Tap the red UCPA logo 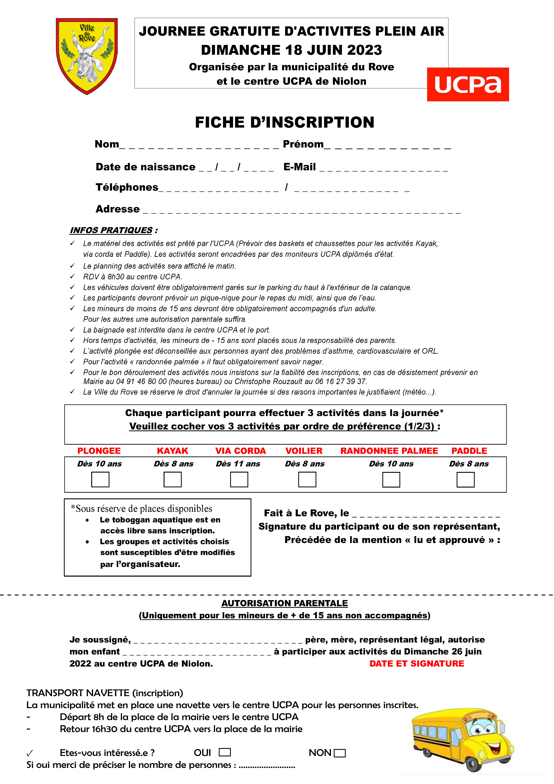click(x=468, y=84)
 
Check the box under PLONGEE click(x=100, y=479)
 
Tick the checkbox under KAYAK click(x=172, y=479)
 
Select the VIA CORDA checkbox click(x=239, y=479)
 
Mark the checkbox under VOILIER click(x=307, y=479)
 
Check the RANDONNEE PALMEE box click(x=391, y=479)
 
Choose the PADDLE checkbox click(x=465, y=479)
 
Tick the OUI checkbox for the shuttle click(x=225, y=752)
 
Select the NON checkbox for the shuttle click(x=340, y=753)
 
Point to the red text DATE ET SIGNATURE click(x=416, y=663)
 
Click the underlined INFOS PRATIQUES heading click(x=111, y=230)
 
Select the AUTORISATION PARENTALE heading click(x=284, y=603)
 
